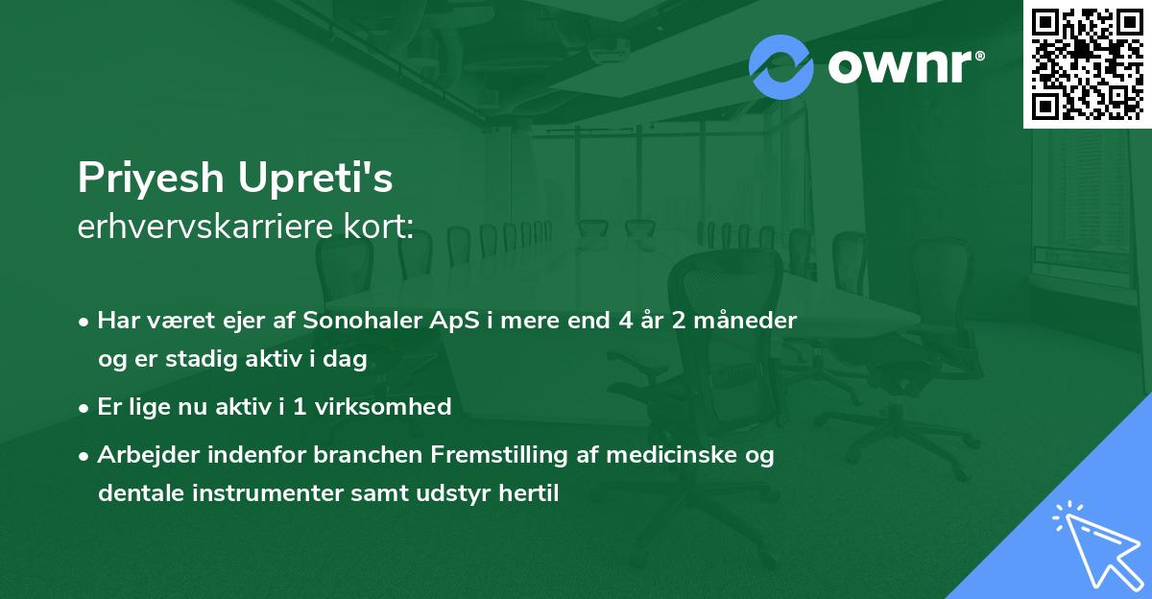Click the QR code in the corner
coord(1087,63)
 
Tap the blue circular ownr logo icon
coord(780,67)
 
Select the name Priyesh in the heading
coord(153,180)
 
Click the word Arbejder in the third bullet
coord(141,454)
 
